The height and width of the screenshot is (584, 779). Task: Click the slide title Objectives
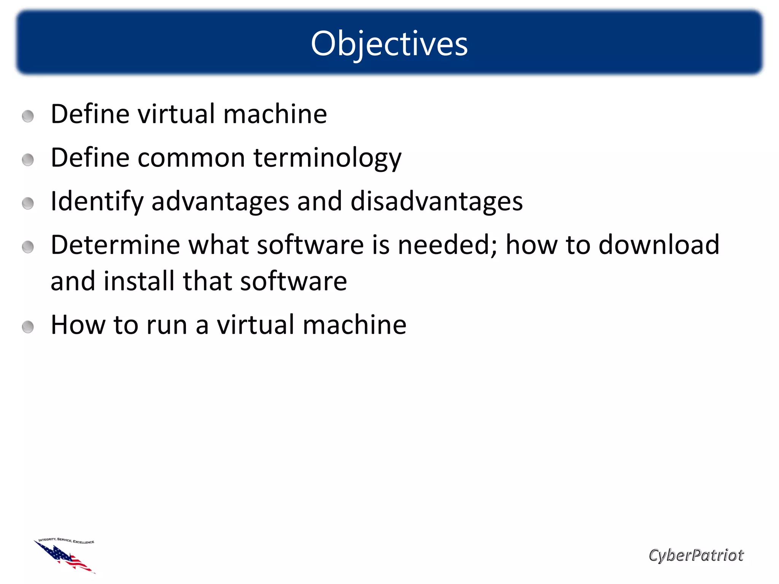pyautogui.click(x=389, y=44)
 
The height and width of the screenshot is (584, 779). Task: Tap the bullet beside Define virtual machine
pyautogui.click(x=28, y=116)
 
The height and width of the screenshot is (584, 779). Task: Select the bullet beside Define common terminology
pyautogui.click(x=28, y=160)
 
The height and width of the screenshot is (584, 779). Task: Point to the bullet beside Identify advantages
pyautogui.click(x=28, y=203)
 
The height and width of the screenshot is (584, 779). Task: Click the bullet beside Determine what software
pyautogui.click(x=28, y=247)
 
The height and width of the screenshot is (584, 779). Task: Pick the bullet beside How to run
pyautogui.click(x=28, y=327)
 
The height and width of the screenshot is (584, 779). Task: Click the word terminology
pyautogui.click(x=327, y=158)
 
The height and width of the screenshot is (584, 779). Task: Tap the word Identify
pyautogui.click(x=97, y=202)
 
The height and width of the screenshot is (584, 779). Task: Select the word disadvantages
pyautogui.click(x=436, y=202)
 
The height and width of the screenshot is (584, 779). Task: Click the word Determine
pyautogui.click(x=115, y=245)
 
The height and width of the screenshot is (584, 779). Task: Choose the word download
pyautogui.click(x=659, y=245)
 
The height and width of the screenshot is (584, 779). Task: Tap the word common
pyautogui.click(x=191, y=158)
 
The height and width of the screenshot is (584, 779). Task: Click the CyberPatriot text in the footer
pyautogui.click(x=696, y=555)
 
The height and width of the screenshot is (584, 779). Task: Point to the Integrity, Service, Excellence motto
pyautogui.click(x=67, y=541)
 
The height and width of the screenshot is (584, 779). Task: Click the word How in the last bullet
pyautogui.click(x=78, y=325)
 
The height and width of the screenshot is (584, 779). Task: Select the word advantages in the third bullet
pyautogui.click(x=220, y=202)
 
